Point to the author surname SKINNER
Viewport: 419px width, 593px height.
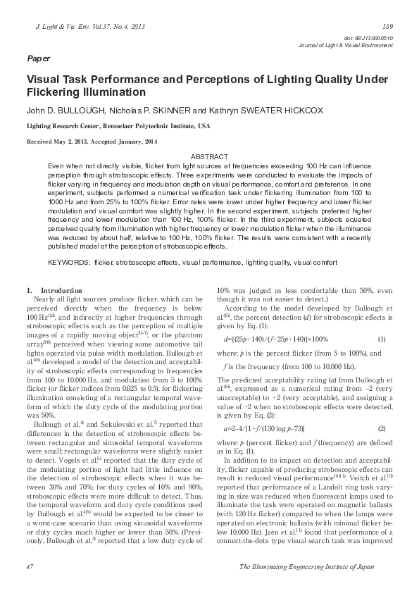170,111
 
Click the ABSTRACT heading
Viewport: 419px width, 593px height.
209,156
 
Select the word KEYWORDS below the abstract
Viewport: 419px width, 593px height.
69,262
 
